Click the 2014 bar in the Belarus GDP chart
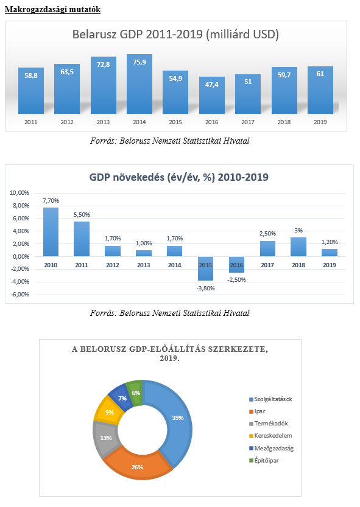tap(139, 84)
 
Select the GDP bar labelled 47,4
tap(212, 95)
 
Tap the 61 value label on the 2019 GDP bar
tap(320, 74)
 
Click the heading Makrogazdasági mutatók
tap(53, 9)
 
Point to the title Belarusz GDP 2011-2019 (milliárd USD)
tap(175, 34)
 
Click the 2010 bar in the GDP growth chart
tap(51, 232)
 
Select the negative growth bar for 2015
tap(205, 268)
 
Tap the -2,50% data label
tap(237, 280)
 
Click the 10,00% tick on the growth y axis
tap(19, 193)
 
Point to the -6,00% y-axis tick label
tap(20, 294)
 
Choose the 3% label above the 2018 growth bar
tap(298, 231)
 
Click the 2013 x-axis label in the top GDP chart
tap(104, 122)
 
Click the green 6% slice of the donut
tap(135, 392)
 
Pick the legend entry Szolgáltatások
tap(270, 399)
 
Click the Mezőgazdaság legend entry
tap(271, 449)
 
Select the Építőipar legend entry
tap(264, 460)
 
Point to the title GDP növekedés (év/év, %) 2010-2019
tap(178, 177)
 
